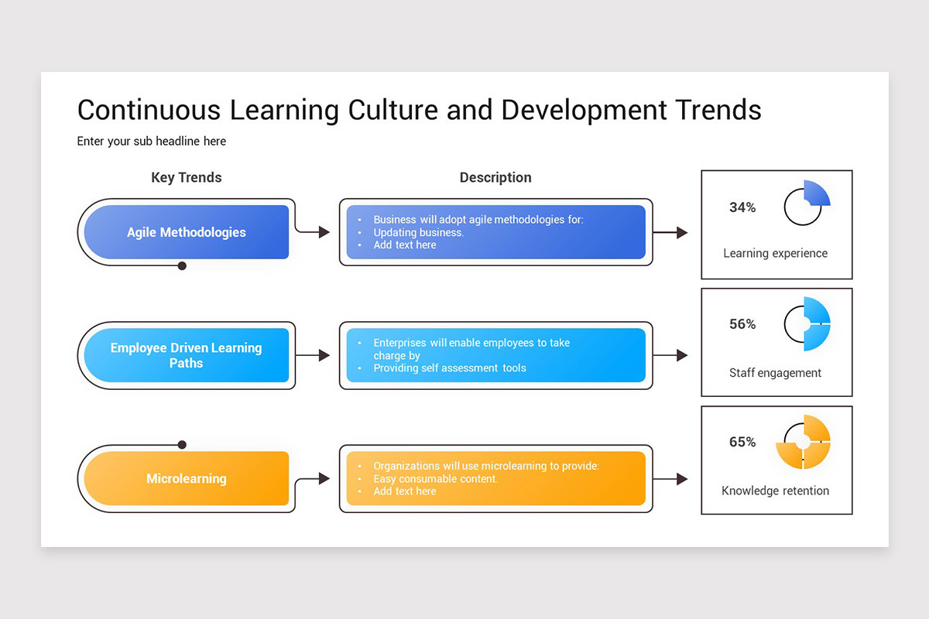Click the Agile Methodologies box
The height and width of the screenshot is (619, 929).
coord(186,232)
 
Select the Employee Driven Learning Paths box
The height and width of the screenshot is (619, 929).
coord(186,355)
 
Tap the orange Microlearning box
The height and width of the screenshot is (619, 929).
coord(186,478)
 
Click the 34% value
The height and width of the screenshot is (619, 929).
coord(742,207)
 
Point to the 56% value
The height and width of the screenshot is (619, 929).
coord(742,324)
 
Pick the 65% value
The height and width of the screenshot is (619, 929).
coord(742,442)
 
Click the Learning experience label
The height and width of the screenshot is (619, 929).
coord(775,253)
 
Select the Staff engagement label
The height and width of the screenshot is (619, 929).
coord(775,372)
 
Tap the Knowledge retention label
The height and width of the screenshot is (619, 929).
coord(775,491)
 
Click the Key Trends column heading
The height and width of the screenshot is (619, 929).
coord(186,177)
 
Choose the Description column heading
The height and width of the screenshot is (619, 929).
coord(495,177)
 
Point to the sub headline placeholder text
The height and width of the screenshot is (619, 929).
coord(152,141)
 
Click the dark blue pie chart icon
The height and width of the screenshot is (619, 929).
coord(807,203)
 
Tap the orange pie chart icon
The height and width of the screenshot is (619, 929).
coord(804,442)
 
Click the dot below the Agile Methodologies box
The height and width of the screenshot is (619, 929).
coord(182,265)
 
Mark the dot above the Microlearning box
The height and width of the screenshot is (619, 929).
coord(182,445)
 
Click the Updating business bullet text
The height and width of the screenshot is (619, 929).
coord(418,232)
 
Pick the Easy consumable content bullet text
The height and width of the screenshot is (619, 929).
coord(435,479)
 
